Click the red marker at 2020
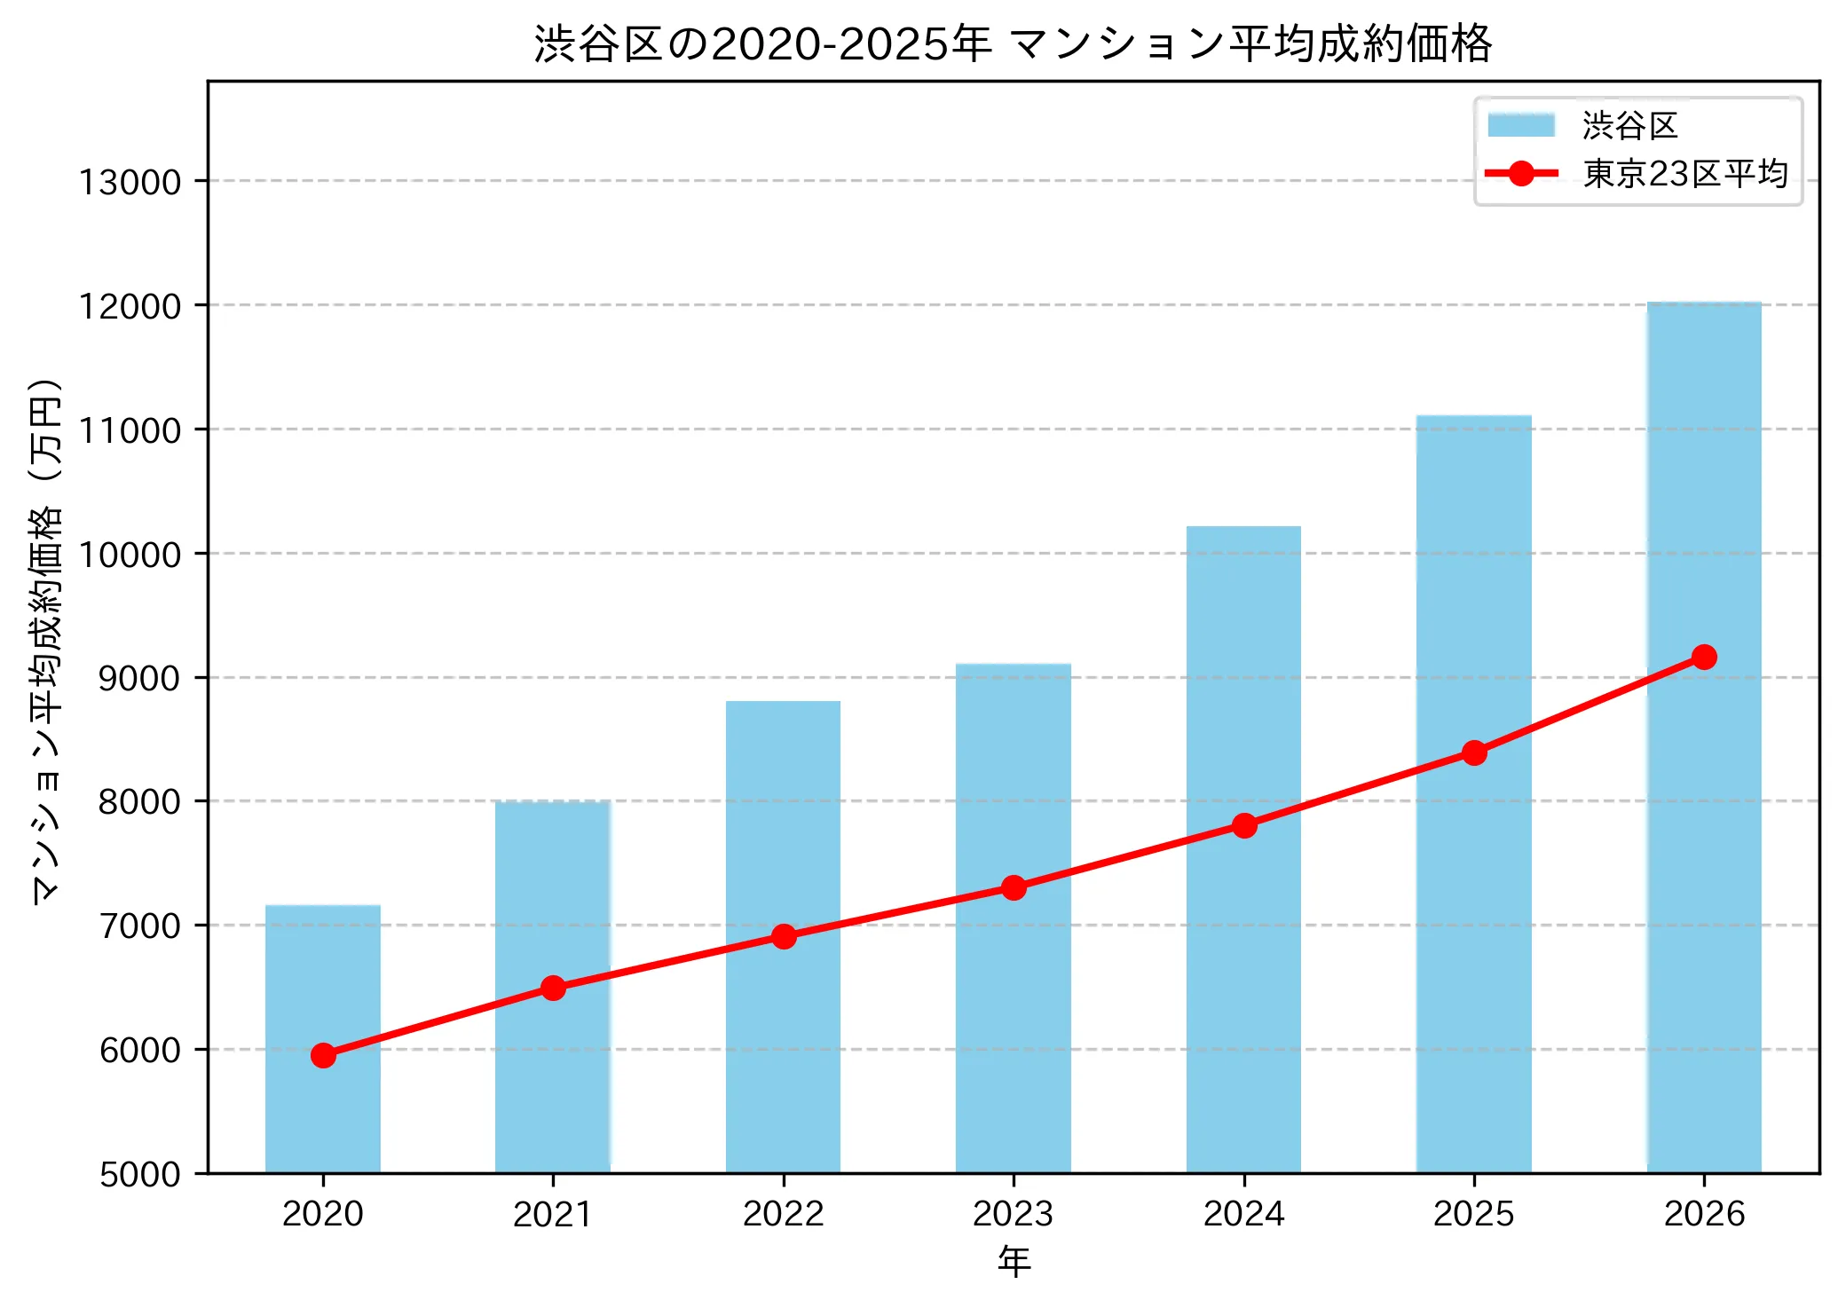(323, 1055)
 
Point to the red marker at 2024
(1244, 826)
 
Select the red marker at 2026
(1704, 658)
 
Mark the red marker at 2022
(784, 937)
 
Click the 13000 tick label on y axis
(130, 183)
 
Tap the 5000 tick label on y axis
(139, 1175)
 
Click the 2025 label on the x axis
(1473, 1214)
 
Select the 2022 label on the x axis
(783, 1214)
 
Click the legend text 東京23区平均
(1684, 174)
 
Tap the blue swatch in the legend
(1521, 125)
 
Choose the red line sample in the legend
(1521, 174)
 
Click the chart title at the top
(1013, 43)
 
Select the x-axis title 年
(1014, 1261)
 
